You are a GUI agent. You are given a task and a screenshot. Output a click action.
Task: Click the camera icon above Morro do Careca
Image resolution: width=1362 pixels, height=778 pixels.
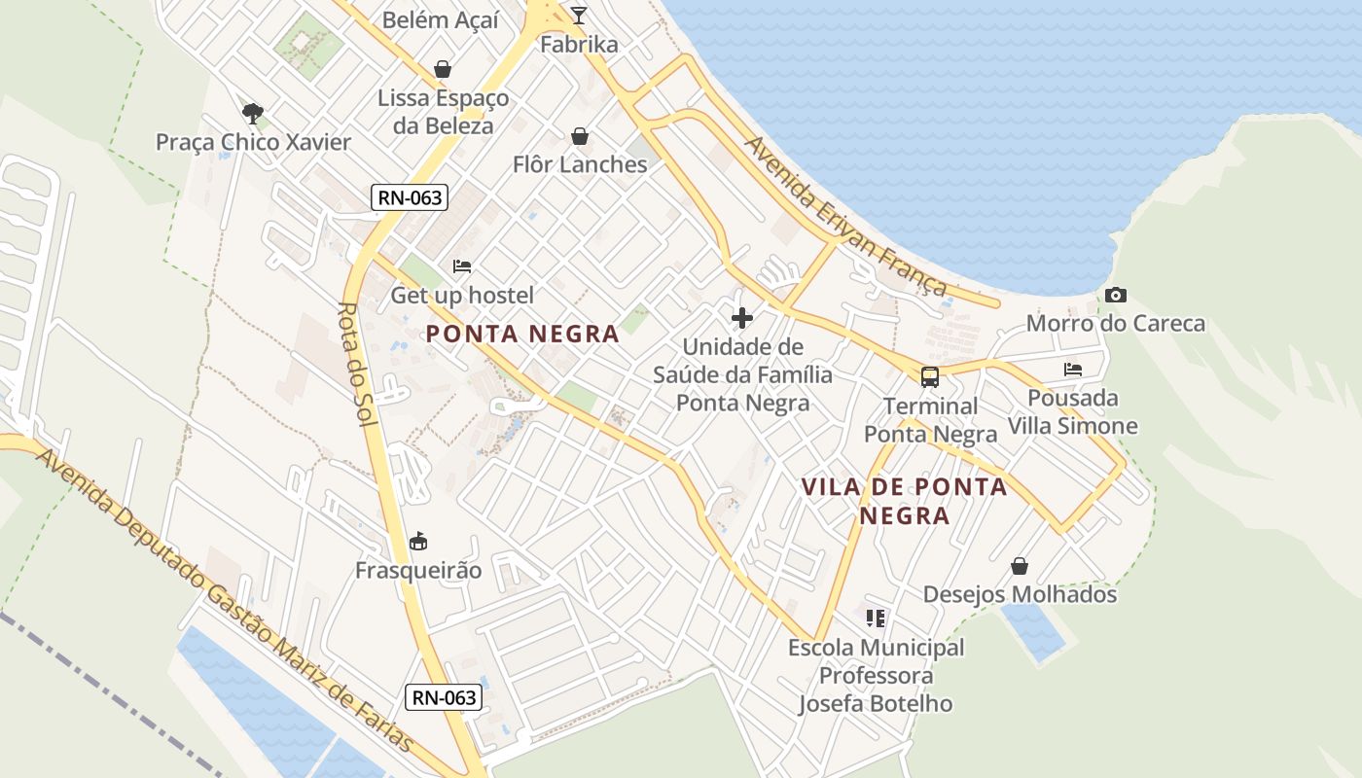pos(1116,295)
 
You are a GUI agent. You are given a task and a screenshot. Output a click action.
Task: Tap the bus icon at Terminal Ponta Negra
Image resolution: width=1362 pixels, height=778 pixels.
pos(930,376)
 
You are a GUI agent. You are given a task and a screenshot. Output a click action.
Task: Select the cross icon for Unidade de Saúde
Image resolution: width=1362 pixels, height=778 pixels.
pos(742,317)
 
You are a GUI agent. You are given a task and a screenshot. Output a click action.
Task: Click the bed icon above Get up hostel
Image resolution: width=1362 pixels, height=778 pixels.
pos(462,265)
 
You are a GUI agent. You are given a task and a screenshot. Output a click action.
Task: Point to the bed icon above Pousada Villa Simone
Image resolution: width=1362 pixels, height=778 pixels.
pos(1073,369)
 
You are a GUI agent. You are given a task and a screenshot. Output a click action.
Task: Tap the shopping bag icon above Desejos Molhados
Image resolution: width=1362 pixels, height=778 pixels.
pos(1020,565)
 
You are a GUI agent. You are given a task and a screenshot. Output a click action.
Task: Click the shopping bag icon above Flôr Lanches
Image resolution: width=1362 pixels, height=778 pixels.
pos(580,135)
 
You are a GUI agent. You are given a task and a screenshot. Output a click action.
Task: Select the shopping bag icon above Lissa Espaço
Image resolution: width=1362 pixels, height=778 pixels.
pos(443,69)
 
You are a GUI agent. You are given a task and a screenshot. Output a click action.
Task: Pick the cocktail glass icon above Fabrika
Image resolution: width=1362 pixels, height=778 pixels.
pos(579,15)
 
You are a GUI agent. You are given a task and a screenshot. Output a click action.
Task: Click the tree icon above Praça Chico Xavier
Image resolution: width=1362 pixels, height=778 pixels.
pos(253,113)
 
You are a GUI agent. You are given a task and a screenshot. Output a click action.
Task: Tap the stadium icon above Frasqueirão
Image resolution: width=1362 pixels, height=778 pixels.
pos(418,540)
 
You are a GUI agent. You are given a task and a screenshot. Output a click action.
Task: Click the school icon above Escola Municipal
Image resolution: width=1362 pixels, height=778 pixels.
pos(876,618)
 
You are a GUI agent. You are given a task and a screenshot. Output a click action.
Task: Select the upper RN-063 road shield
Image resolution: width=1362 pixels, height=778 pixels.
pos(410,197)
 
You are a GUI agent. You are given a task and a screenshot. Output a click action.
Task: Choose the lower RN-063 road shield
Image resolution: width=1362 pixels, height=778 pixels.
pos(444,697)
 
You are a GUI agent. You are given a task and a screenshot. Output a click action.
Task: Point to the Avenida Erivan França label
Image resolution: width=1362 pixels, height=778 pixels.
pos(844,216)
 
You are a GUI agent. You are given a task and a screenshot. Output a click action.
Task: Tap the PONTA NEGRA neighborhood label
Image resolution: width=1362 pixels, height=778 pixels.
pos(522,334)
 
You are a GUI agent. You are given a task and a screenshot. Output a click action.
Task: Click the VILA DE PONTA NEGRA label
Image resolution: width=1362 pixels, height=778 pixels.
pos(904,500)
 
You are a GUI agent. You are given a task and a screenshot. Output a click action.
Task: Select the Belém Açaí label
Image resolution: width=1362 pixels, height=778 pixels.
pos(440,19)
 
